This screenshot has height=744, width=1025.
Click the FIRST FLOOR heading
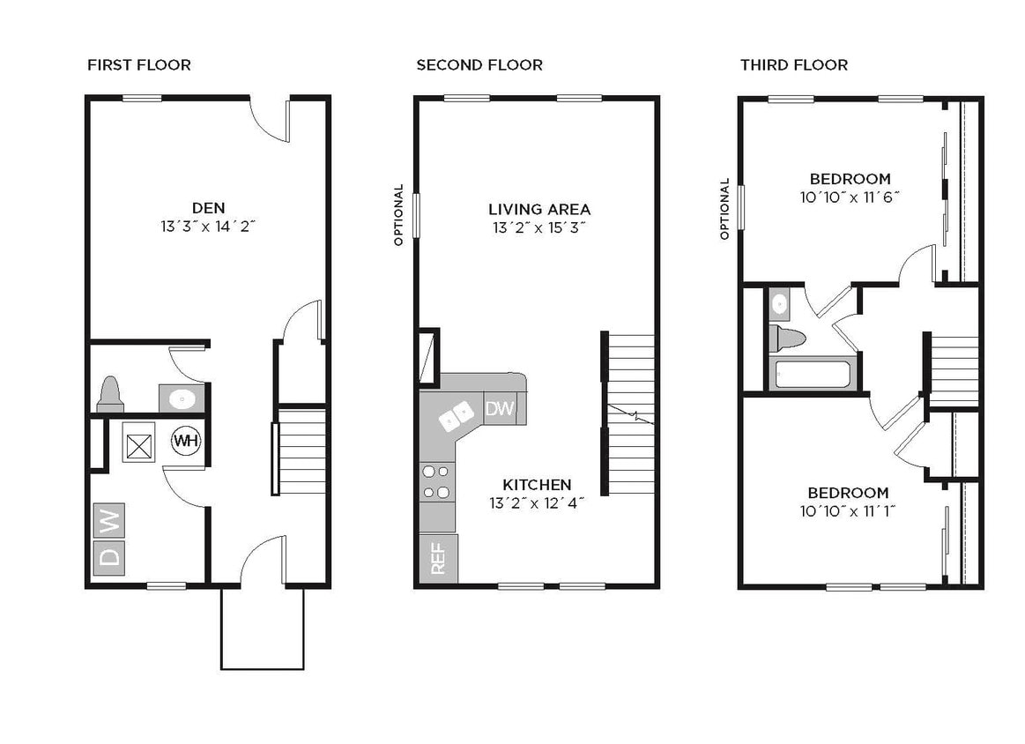[139, 65]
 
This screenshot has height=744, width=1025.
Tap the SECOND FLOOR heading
[479, 65]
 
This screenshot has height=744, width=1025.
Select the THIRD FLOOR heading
[794, 65]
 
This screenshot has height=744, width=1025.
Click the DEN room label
[209, 208]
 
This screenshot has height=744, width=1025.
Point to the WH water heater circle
[185, 440]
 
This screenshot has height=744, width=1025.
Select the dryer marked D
[109, 557]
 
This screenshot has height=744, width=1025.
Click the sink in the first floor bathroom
[182, 398]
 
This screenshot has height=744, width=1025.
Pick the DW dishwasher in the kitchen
[500, 408]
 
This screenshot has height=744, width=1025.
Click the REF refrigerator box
[438, 558]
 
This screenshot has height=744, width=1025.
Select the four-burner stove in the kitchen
[436, 482]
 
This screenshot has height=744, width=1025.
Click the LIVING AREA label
[539, 210]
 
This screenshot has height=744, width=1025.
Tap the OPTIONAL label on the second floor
[398, 214]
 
